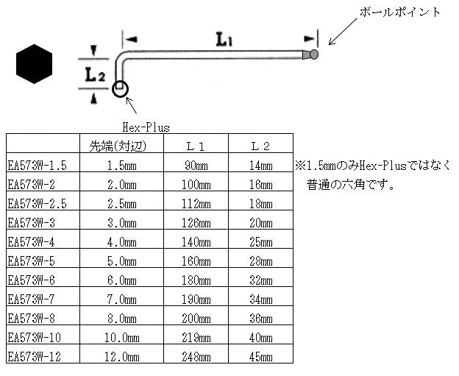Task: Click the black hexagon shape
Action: pos(34,64)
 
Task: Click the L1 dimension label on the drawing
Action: pos(225,40)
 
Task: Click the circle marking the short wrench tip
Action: pos(119,90)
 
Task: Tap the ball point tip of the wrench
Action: pos(313,54)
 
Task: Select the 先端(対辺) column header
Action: pos(116,145)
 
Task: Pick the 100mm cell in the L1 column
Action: pos(196,184)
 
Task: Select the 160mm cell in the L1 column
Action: pos(196,260)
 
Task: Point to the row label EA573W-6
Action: pos(31,280)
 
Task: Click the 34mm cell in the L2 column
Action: pos(260,299)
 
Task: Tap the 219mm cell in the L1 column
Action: pos(196,337)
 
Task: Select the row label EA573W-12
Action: pos(34,356)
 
